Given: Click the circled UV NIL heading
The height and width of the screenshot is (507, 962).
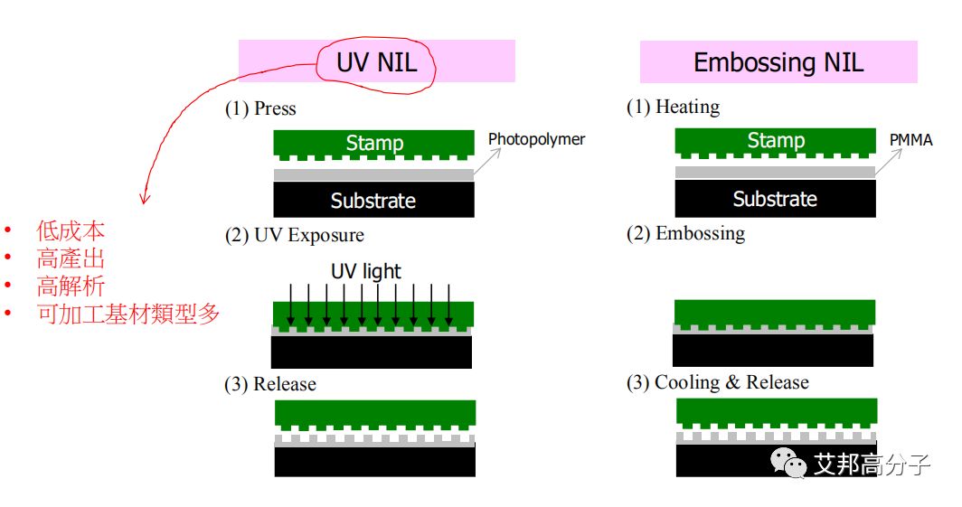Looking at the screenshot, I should coord(376,62).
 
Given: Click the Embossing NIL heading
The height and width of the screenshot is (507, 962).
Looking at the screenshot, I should coord(778,62).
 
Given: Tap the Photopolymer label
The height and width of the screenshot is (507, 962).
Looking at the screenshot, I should coord(536,139).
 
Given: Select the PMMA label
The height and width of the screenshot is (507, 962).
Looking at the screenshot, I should coord(910,139).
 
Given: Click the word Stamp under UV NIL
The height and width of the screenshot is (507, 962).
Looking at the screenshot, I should coord(374,143).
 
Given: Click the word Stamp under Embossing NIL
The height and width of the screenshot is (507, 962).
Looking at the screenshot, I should coord(775,141).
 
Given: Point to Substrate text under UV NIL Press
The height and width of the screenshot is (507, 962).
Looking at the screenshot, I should coord(373,201).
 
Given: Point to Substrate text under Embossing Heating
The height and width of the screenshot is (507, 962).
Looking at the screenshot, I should coord(775,199).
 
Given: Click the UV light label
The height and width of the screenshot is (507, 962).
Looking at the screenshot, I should coord(366,271).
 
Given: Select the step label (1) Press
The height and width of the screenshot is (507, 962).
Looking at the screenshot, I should coord(260,108).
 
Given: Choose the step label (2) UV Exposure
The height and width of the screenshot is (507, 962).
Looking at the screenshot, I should coord(295,235).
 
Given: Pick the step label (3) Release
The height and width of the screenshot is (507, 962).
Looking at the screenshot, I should coord(270,384).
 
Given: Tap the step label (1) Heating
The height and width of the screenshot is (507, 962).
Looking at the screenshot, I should coord(673,107).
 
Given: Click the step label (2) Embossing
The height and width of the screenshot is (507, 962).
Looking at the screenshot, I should coord(685,233).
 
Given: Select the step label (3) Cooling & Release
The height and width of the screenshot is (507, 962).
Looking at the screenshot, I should coord(717,382).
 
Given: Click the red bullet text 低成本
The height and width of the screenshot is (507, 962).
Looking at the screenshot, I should coord(71,230).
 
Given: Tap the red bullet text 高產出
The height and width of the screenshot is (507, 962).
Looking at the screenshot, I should coord(71,258).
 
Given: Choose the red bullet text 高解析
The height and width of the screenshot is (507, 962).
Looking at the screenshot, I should coord(71,286).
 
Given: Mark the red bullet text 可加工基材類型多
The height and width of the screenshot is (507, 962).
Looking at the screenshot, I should coord(127,315).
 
